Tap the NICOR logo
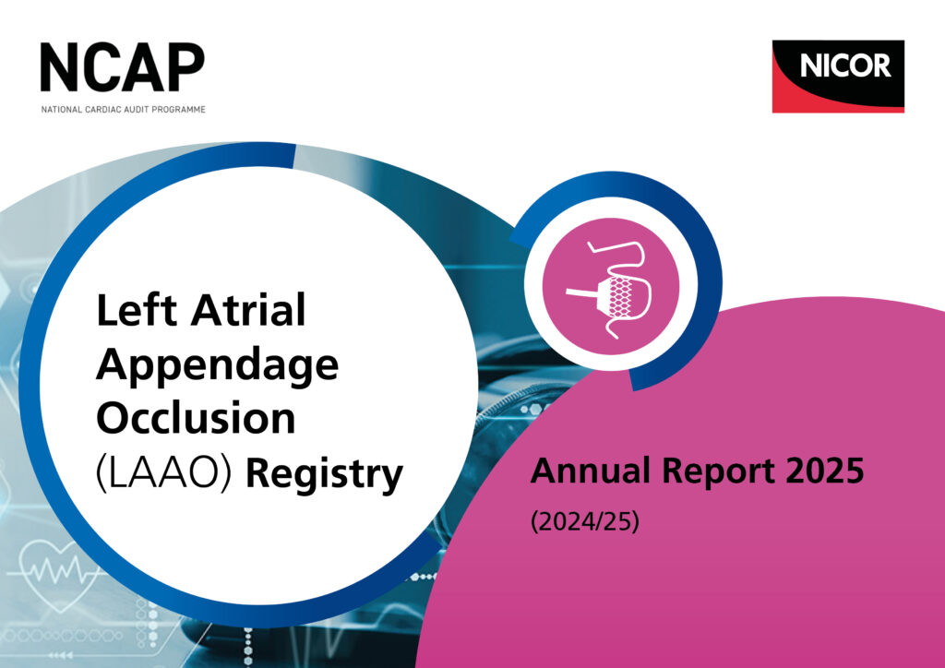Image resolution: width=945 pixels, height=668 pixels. [838, 76]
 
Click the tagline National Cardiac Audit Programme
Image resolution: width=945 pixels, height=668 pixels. [123, 109]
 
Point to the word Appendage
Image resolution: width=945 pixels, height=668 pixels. [217, 366]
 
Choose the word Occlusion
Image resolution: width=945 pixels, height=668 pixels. [196, 419]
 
